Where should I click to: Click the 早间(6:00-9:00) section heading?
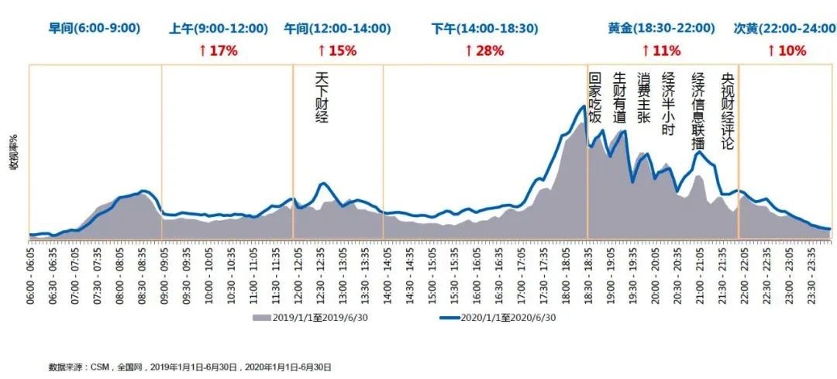tap(95, 29)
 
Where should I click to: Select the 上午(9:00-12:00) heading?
tap(219, 29)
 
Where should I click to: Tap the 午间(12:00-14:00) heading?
tap(337, 29)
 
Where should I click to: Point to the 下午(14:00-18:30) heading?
tap(485, 29)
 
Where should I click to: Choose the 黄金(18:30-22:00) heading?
tap(661, 29)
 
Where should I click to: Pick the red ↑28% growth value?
tap(485, 51)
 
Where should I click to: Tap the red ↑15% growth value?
tap(337, 51)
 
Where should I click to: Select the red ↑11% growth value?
tap(661, 51)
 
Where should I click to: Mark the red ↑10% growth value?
tap(787, 51)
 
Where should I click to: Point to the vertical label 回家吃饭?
tap(595, 98)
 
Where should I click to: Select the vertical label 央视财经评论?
tap(727, 111)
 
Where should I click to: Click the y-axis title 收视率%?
tap(13, 152)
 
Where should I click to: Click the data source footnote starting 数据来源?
tap(190, 367)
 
